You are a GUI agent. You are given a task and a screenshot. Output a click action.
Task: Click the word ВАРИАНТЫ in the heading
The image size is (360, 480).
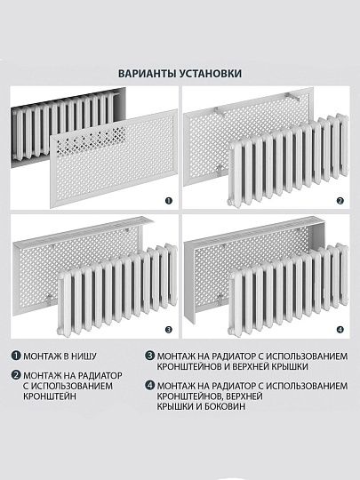148,74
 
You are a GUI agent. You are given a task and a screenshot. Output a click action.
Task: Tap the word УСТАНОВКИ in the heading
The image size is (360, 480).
211,74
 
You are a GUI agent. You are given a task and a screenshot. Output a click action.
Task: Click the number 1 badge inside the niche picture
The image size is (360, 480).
167,201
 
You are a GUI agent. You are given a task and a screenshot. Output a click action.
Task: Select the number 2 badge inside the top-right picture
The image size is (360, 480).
339,201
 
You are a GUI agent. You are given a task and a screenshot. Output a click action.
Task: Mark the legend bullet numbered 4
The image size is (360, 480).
149,385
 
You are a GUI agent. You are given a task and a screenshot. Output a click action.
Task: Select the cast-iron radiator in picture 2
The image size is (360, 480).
284,164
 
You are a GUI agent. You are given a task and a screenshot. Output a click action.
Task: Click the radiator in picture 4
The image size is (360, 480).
284,293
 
